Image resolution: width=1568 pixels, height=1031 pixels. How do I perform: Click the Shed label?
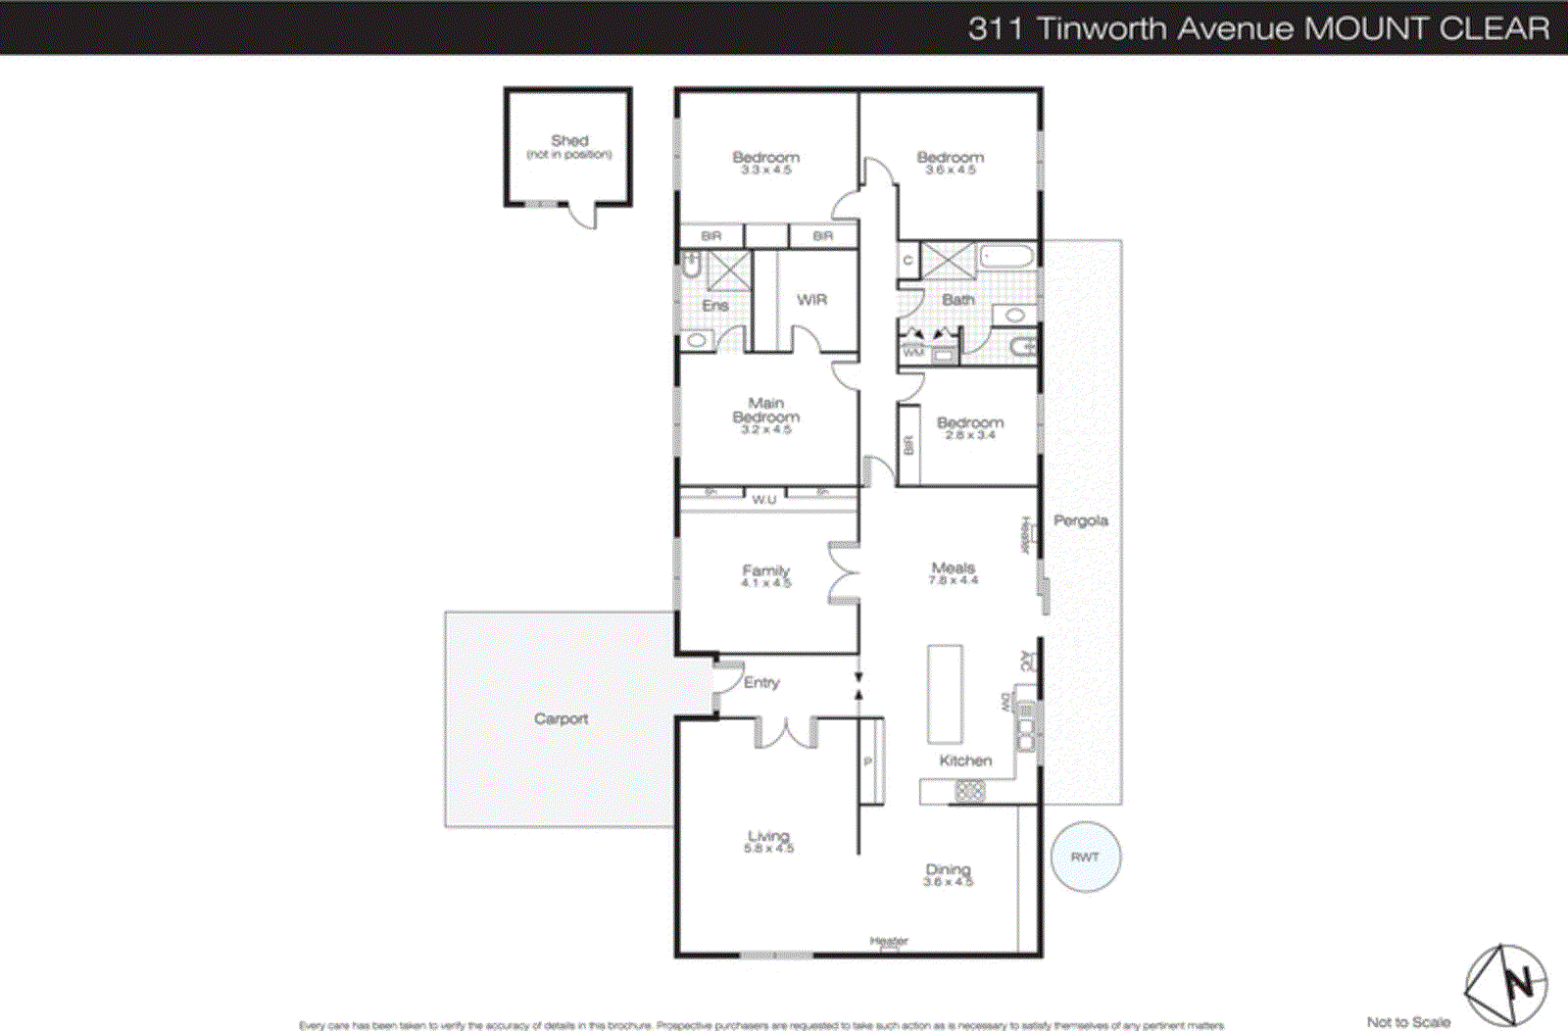click(x=569, y=140)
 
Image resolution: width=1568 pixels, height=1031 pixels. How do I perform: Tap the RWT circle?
click(x=1085, y=857)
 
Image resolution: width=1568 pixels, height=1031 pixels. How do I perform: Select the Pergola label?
click(x=1080, y=520)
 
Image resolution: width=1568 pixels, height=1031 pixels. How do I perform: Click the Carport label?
click(x=561, y=718)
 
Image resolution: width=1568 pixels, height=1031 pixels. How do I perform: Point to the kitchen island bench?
click(x=945, y=694)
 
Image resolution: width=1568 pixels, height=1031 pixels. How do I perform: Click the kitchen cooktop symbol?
click(x=969, y=790)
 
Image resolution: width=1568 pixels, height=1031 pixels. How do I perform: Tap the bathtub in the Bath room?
click(x=1006, y=258)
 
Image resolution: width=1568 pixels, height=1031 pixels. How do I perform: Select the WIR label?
click(x=811, y=300)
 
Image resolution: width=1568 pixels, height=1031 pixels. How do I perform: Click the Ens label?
click(x=715, y=306)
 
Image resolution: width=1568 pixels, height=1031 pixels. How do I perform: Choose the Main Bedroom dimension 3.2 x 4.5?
click(x=765, y=430)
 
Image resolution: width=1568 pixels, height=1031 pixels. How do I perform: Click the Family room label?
click(x=765, y=569)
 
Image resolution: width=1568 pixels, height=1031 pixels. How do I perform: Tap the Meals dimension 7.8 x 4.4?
click(x=953, y=581)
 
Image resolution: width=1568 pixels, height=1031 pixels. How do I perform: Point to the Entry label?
click(x=761, y=682)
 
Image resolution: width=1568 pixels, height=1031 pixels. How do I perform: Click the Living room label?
click(x=768, y=836)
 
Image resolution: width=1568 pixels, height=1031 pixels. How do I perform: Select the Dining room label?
click(x=948, y=869)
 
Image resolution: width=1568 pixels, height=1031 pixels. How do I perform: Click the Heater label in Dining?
click(x=889, y=941)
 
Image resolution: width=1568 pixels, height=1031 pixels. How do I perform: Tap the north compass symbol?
click(x=1506, y=984)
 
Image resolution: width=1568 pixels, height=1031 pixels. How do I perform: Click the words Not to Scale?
click(x=1408, y=1022)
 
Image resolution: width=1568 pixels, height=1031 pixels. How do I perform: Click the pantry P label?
click(x=867, y=761)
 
